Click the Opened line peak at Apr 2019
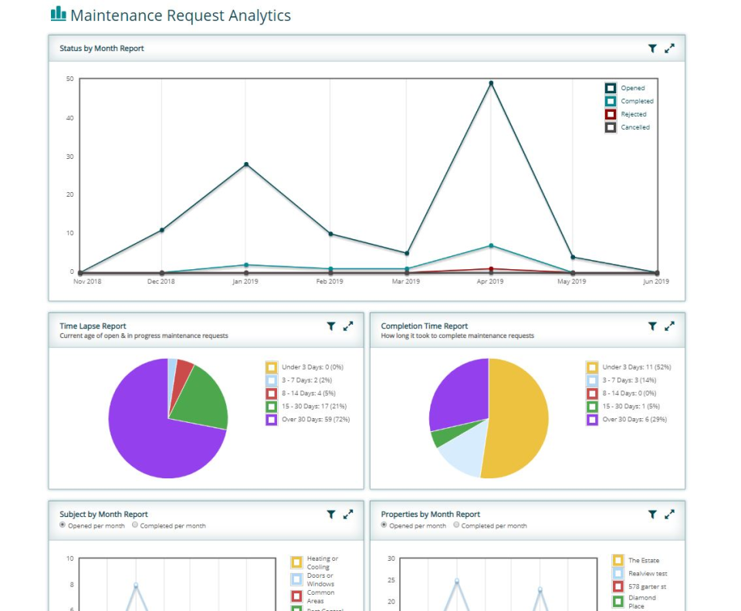491,83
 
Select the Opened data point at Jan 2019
246,164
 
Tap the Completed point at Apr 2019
491,246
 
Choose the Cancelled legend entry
628,127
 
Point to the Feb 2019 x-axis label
330,282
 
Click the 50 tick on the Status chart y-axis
70,79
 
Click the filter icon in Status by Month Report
652,49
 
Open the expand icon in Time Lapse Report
348,326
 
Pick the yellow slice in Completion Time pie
517,417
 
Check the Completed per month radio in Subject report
135,525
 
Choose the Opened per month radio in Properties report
384,525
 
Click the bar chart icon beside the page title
58,14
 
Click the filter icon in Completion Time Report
652,326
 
